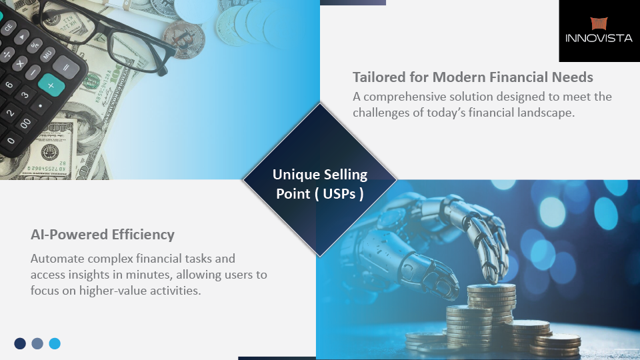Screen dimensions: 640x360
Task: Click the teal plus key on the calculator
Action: pyautogui.click(x=51, y=85)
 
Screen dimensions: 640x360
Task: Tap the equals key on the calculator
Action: pyautogui.click(x=66, y=67)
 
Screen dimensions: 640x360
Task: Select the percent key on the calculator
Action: pyautogui.click(x=35, y=45)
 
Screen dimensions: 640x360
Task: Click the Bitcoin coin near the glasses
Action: pyautogui.click(x=184, y=39)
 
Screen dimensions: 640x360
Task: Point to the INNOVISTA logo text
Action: pyautogui.click(x=599, y=39)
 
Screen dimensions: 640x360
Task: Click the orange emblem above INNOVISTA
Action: pyautogui.click(x=599, y=23)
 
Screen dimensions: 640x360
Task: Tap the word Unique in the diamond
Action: pyautogui.click(x=294, y=175)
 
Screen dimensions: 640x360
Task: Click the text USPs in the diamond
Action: pyautogui.click(x=339, y=194)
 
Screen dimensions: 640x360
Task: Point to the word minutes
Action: pyautogui.click(x=149, y=275)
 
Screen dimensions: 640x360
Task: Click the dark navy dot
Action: pyautogui.click(x=20, y=344)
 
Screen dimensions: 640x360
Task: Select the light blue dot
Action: pyautogui.click(x=55, y=344)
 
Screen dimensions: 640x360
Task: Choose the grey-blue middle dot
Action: pyautogui.click(x=37, y=344)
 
